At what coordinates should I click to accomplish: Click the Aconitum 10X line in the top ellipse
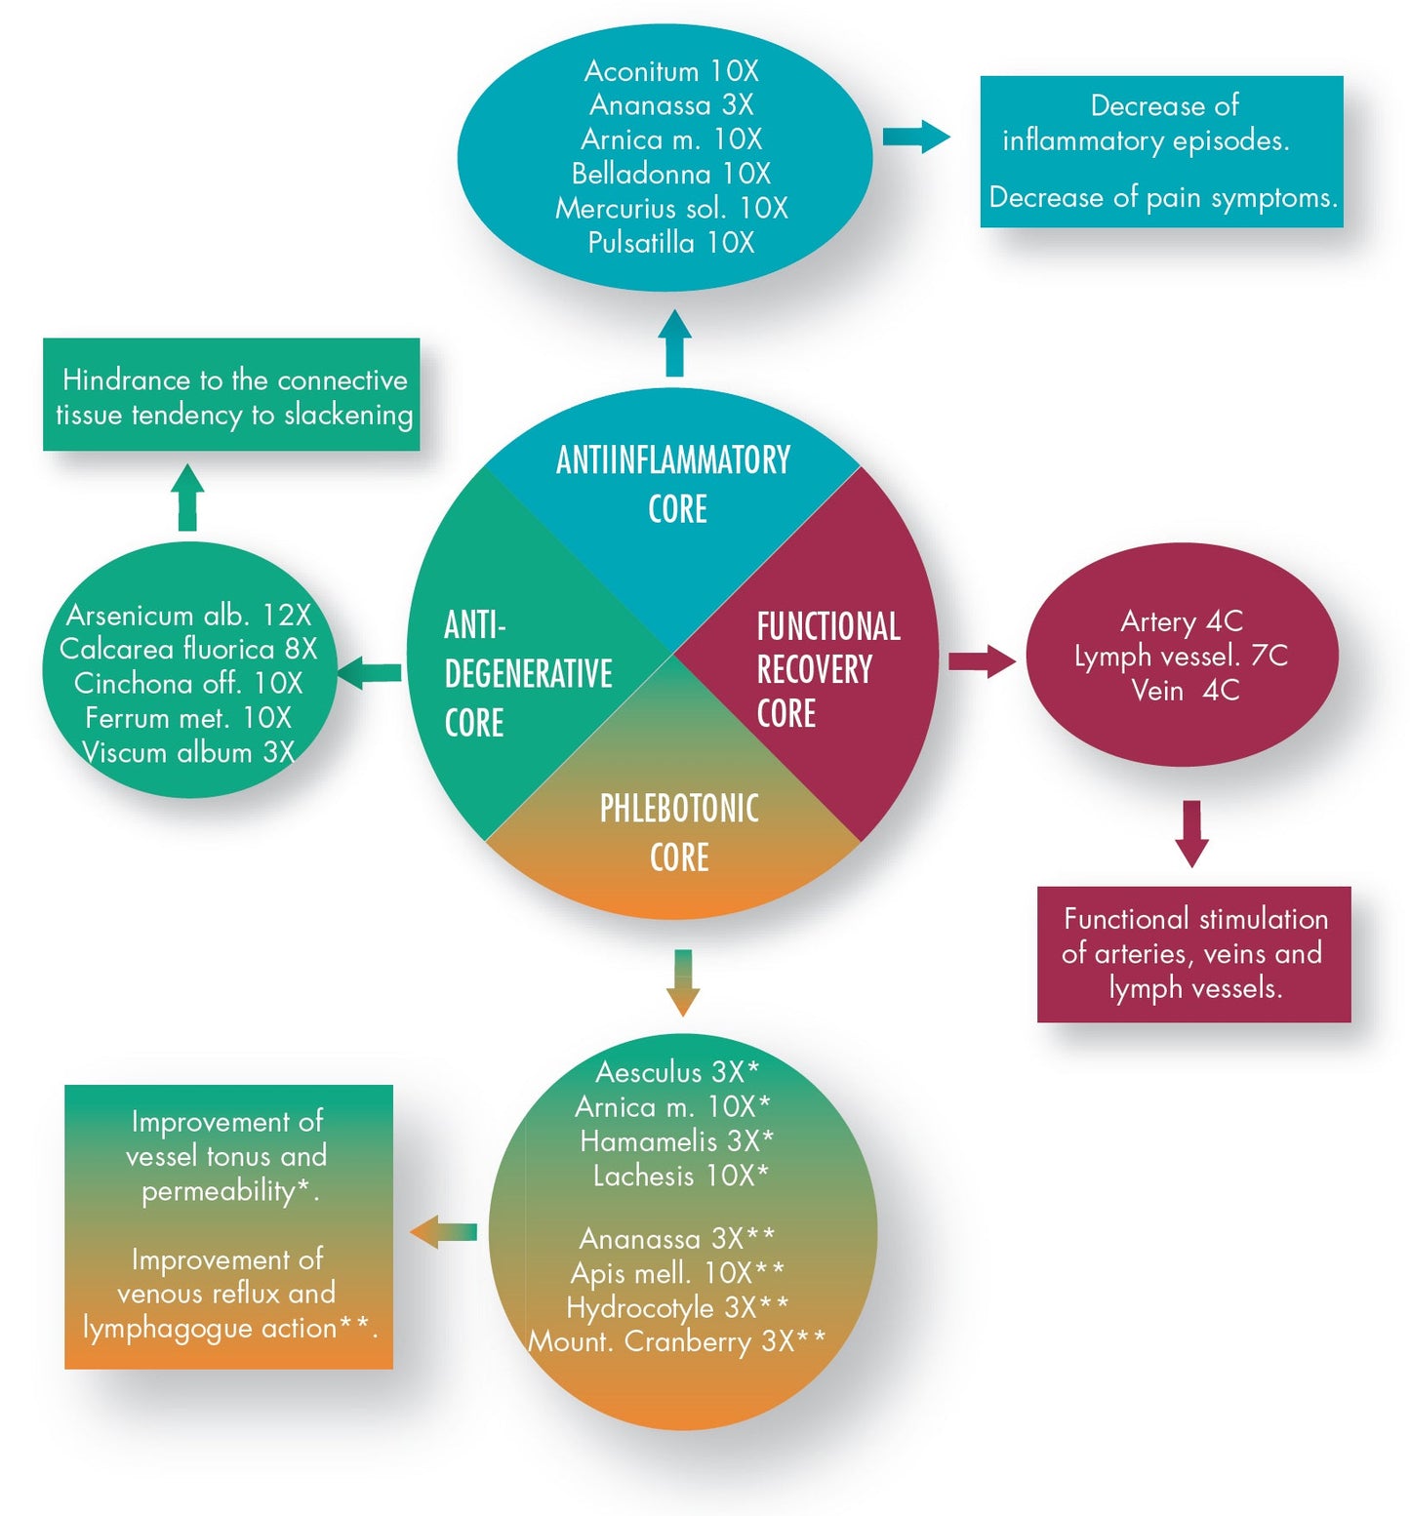tap(671, 71)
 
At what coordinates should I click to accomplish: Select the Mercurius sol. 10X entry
tap(671, 209)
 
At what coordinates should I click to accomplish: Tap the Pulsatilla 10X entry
tap(671, 243)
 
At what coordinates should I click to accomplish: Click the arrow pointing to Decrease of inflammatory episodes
tap(915, 137)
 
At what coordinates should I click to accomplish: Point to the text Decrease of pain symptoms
tap(1162, 198)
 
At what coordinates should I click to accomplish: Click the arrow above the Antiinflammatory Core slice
tap(674, 343)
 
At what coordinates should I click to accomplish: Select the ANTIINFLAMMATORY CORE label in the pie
tap(674, 484)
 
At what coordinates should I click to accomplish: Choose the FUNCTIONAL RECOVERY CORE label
tap(827, 670)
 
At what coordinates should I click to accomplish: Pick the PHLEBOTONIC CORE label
tap(679, 832)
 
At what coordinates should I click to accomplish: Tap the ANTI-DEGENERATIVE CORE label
tap(527, 673)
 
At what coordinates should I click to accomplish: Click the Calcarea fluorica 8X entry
tap(188, 649)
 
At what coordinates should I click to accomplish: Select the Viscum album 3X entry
tap(188, 752)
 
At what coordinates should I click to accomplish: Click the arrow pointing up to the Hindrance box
tap(187, 498)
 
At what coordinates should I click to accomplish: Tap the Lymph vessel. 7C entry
tap(1181, 656)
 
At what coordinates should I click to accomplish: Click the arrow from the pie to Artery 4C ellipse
tap(982, 661)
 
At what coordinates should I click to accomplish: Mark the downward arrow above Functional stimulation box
tap(1191, 833)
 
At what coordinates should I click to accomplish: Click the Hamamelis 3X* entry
tap(676, 1141)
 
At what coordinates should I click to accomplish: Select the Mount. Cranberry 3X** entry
tap(676, 1342)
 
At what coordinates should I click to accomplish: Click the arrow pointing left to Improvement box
tap(444, 1232)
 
